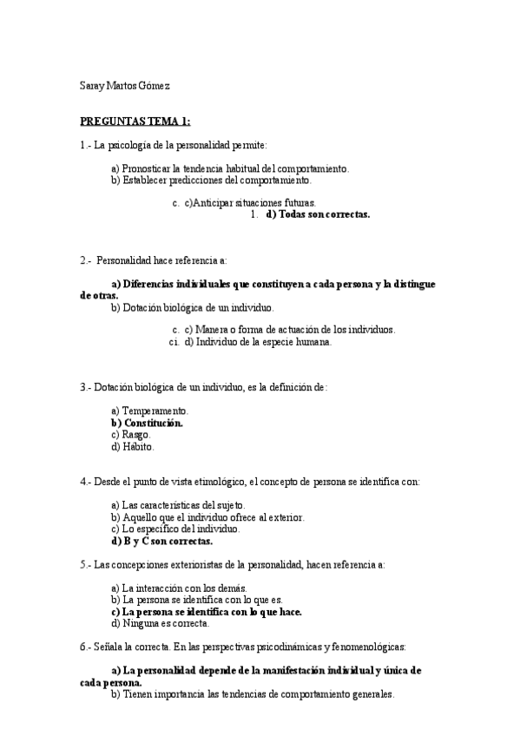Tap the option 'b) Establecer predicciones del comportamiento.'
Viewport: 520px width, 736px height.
pos(210,180)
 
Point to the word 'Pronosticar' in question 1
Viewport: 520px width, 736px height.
pos(147,168)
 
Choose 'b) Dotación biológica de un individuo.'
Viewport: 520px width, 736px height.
pos(193,307)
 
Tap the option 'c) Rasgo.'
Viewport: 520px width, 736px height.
pos(131,435)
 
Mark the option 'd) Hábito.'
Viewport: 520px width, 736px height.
pos(133,447)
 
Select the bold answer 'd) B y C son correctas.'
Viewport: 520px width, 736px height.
pos(162,541)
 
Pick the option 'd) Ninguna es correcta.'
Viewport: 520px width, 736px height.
pos(161,623)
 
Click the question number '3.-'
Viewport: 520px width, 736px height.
pos(85,387)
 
